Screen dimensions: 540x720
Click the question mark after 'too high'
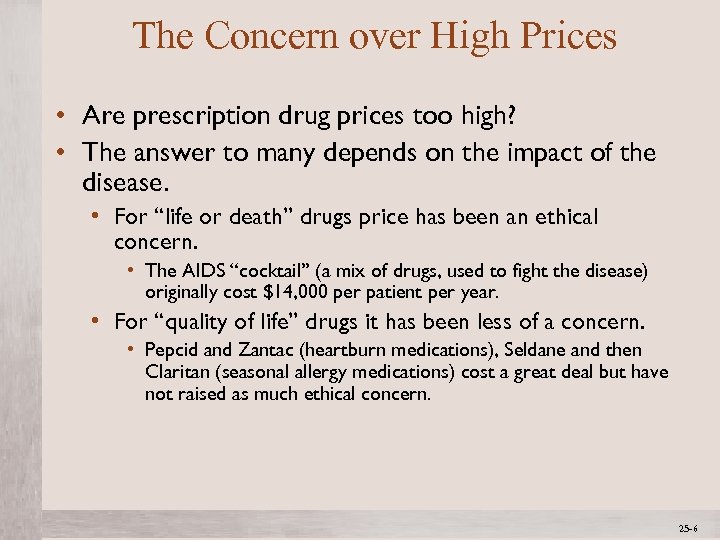[511, 116]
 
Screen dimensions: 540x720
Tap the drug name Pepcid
[171, 350]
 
